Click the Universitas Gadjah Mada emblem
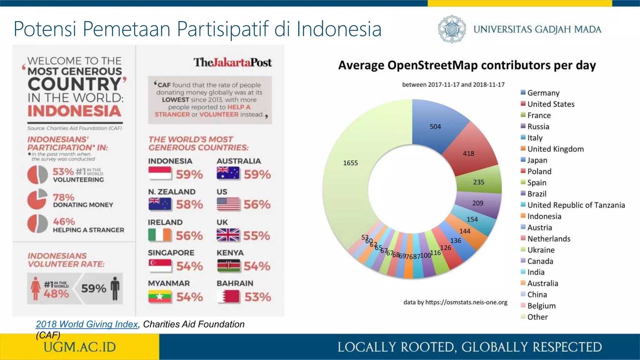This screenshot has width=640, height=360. pyautogui.click(x=452, y=29)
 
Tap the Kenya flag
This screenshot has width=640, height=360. pyautogui.click(x=228, y=266)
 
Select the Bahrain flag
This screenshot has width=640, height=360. pyautogui.click(x=228, y=297)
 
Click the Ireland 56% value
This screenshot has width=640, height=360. pyautogui.click(x=189, y=236)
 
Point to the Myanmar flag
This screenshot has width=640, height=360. pyautogui.click(x=160, y=297)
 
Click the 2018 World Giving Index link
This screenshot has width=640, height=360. pyautogui.click(x=87, y=324)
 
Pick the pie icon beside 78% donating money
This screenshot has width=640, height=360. pyautogui.click(x=37, y=199)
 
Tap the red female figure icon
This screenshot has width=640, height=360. pyautogui.click(x=36, y=288)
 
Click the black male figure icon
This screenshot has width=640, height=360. pyautogui.click(x=115, y=288)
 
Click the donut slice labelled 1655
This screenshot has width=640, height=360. pyautogui.click(x=350, y=175)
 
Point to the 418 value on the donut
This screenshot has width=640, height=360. pyautogui.click(x=468, y=153)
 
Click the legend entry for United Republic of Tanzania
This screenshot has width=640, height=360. pyautogui.click(x=576, y=205)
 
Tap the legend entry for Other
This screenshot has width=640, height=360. pyautogui.click(x=537, y=317)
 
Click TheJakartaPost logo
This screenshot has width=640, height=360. pyautogui.click(x=232, y=62)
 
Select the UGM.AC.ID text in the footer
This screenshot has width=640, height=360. pyautogui.click(x=80, y=347)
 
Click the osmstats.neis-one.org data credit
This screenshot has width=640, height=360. pyautogui.click(x=455, y=302)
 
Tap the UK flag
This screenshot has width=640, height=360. pyautogui.click(x=228, y=235)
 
